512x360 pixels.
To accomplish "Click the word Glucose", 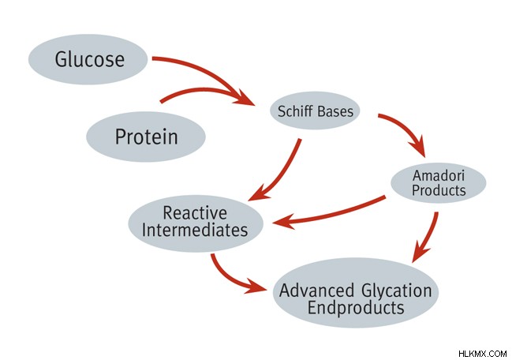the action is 89,59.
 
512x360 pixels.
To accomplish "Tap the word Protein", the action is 147,137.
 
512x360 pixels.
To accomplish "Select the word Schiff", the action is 295,111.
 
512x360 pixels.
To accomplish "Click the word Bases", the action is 335,111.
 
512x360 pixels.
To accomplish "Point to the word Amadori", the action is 439,175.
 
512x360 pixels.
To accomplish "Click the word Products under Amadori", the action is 439,190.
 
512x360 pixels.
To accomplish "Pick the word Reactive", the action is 195,213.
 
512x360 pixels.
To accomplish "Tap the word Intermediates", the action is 195,230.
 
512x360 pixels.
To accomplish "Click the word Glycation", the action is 397,291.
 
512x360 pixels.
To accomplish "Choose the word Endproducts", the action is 356,308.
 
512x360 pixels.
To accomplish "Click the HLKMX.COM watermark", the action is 483,354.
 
